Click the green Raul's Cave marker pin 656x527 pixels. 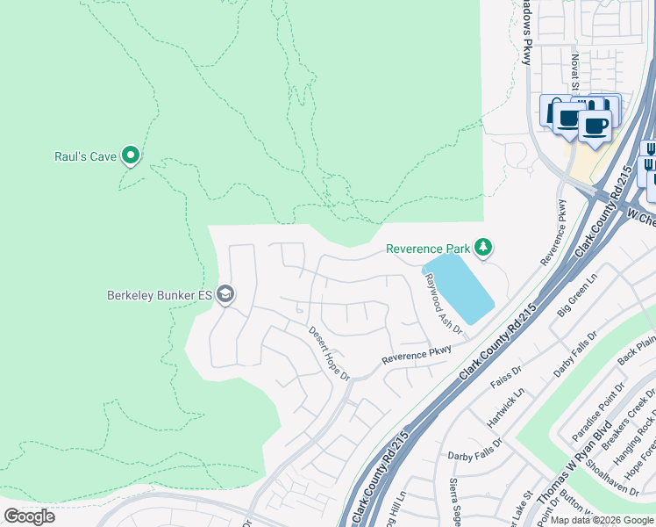(132, 155)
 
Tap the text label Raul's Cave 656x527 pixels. (86, 157)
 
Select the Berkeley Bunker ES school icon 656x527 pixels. (225, 294)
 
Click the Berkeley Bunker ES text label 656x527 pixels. (160, 295)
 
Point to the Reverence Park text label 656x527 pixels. (427, 249)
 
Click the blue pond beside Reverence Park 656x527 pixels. (458, 288)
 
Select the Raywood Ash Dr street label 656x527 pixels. (443, 304)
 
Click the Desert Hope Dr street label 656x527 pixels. (329, 353)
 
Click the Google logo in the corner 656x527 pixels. (29, 516)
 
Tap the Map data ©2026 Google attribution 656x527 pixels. (603, 520)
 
